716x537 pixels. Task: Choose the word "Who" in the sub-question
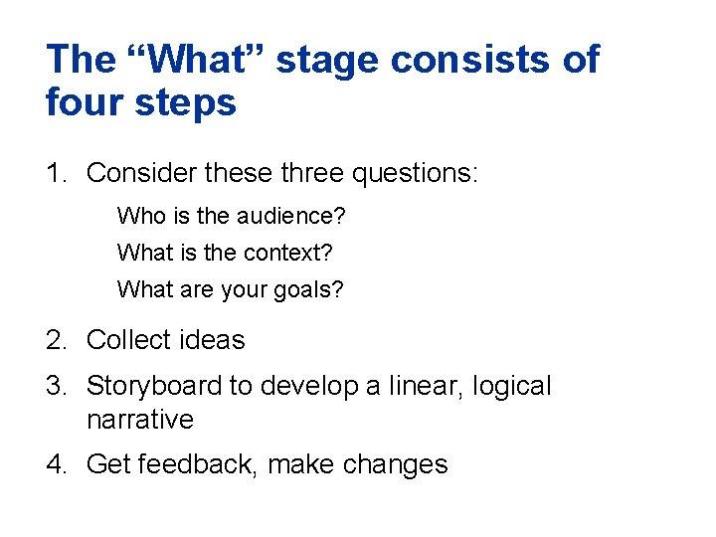(x=137, y=216)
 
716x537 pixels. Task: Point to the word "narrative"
(x=140, y=420)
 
